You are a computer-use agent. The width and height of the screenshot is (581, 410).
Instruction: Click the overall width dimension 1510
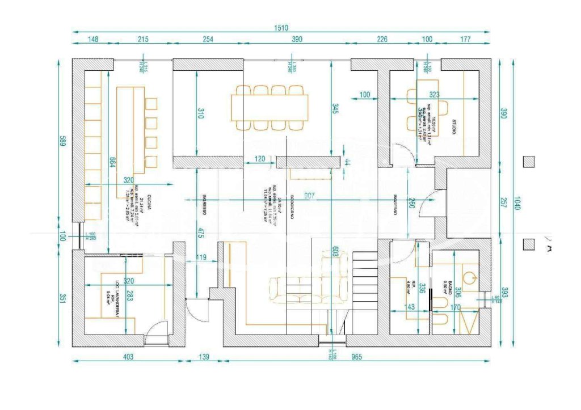tap(282, 28)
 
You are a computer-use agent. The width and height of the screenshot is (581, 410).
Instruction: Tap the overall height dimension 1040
tap(517, 203)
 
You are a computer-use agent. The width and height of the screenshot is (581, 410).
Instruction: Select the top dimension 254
tap(208, 39)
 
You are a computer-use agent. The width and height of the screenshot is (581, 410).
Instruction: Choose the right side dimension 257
tap(503, 202)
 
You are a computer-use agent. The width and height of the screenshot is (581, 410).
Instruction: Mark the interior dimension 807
tap(310, 196)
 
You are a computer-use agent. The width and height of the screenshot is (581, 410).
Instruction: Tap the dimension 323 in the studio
tap(435, 94)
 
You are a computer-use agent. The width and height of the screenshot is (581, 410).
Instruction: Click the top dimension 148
tap(93, 39)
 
